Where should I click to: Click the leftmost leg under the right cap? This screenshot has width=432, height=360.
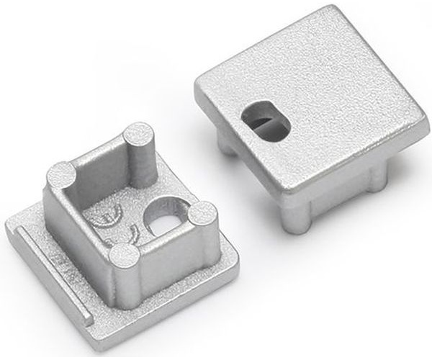click(225, 144)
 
